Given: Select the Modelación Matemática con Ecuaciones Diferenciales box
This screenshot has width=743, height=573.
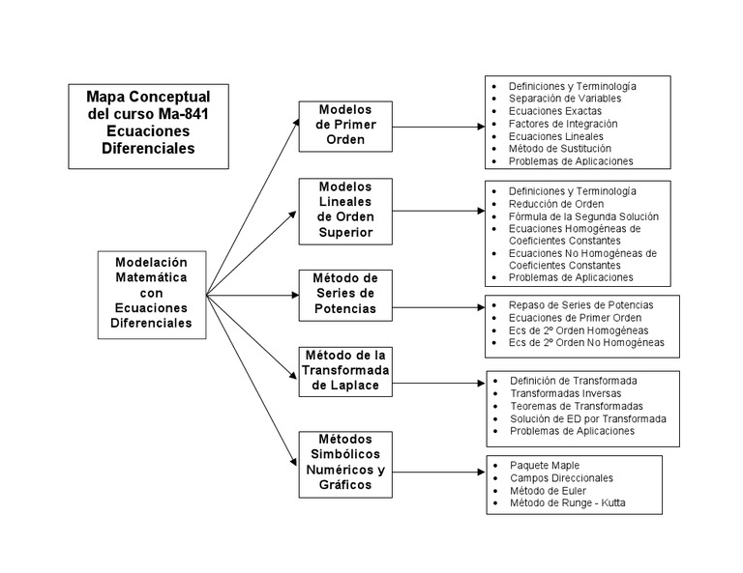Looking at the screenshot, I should coord(152,293).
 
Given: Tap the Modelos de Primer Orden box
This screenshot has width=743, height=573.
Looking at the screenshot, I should coord(344,125).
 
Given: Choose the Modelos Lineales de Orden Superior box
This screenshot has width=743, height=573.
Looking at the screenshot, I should coord(344,208).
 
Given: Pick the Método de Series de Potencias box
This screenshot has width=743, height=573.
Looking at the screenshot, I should coord(344,294).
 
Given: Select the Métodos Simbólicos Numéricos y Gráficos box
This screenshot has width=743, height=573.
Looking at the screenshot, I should coord(344,463).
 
